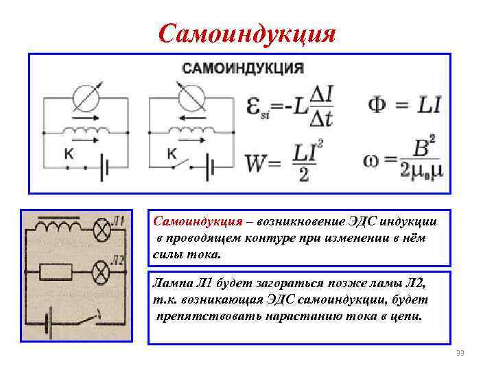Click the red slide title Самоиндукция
click(247, 32)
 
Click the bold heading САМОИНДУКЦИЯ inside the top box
click(242, 69)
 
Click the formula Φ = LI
click(405, 104)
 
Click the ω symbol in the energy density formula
click(373, 164)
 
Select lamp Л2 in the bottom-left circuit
click(102, 273)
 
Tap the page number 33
click(460, 353)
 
